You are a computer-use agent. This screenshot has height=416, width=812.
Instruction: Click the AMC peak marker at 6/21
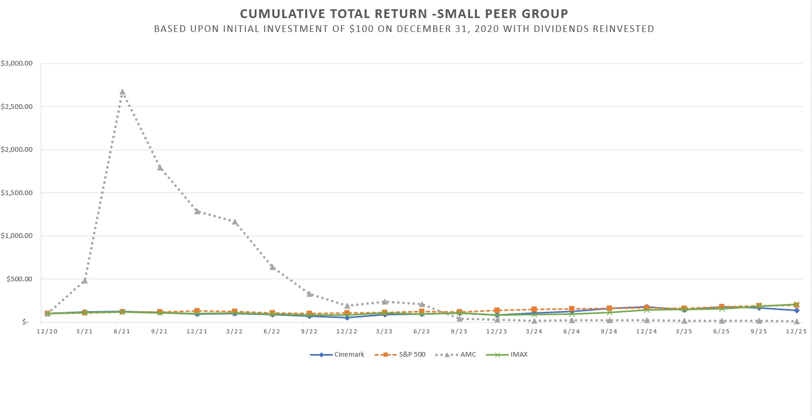(x=122, y=92)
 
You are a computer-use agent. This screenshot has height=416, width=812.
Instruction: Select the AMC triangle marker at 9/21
(x=160, y=168)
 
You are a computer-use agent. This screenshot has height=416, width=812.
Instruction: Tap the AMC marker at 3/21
(x=85, y=281)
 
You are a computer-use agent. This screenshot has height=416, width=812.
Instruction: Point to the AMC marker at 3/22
(x=235, y=222)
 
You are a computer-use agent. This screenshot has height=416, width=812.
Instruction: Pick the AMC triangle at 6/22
(x=272, y=267)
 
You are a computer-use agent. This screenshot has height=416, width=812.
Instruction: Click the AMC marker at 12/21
(x=197, y=211)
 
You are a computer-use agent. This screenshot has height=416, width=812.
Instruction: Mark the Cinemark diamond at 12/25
(x=797, y=310)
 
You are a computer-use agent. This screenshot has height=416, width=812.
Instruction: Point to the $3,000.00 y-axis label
(x=17, y=63)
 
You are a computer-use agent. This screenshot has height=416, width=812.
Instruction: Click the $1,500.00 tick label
(x=17, y=193)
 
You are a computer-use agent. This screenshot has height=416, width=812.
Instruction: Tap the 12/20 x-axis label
(x=47, y=331)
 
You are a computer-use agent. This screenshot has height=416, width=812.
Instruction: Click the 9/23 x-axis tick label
(x=459, y=331)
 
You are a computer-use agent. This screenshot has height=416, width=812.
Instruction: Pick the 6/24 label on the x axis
(x=571, y=331)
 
